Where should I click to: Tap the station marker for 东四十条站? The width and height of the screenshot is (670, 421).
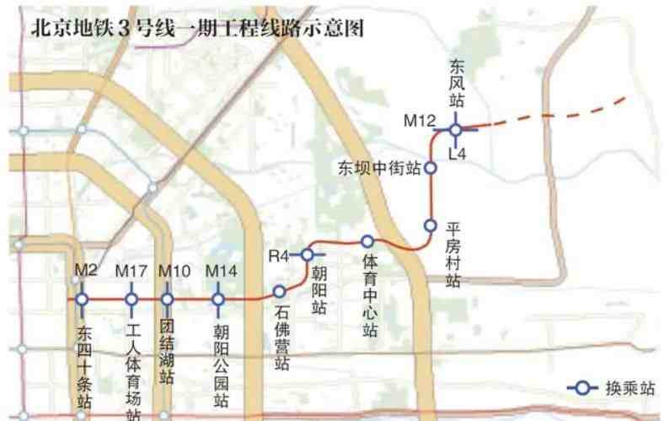pos(82,299)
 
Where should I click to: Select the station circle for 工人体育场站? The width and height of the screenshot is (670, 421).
pos(131,299)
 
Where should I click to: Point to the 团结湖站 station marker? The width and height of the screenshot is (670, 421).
pos(167,299)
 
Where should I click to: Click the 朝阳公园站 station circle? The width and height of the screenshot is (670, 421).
pos(218,299)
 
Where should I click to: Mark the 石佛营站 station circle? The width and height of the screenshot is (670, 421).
pos(279,290)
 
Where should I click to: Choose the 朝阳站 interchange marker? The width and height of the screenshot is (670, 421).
pos(308,254)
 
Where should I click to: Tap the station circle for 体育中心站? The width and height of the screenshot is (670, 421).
pos(367,241)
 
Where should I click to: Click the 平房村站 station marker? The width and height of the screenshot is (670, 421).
pos(430,225)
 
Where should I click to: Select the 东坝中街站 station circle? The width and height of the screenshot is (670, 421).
pos(431,168)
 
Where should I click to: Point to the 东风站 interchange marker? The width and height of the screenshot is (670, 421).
pos(455,130)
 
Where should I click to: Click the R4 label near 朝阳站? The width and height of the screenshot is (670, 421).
pos(279,254)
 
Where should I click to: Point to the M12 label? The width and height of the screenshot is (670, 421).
pos(419,121)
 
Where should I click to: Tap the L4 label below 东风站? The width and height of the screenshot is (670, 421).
pos(458,154)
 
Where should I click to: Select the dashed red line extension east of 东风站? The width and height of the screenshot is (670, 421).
pos(560,116)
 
